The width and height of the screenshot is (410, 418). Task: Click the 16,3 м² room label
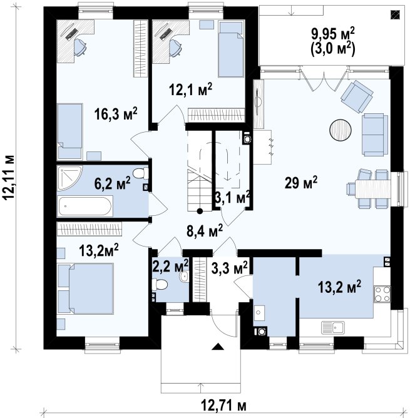[x=116, y=115]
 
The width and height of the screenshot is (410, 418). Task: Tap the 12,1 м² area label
[x=191, y=89]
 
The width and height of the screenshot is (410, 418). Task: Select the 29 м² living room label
[x=301, y=183]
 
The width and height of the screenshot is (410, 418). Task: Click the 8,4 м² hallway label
[x=205, y=231]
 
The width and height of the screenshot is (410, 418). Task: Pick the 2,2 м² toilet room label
[x=170, y=265]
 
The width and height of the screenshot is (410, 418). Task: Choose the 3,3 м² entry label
[x=229, y=267]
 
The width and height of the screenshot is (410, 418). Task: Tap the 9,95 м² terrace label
[x=333, y=34]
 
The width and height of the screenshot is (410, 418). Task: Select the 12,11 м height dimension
[x=9, y=177]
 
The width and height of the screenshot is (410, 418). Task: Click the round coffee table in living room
[x=341, y=130]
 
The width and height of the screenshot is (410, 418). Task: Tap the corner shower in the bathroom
[x=70, y=178]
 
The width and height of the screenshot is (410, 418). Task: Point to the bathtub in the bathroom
[x=85, y=206]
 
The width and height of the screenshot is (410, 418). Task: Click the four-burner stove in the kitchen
[x=382, y=294]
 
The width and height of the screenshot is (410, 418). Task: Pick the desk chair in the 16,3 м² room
[x=80, y=47]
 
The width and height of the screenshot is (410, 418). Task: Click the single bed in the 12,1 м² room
[x=231, y=49]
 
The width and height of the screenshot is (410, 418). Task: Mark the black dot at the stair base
[x=200, y=212]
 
